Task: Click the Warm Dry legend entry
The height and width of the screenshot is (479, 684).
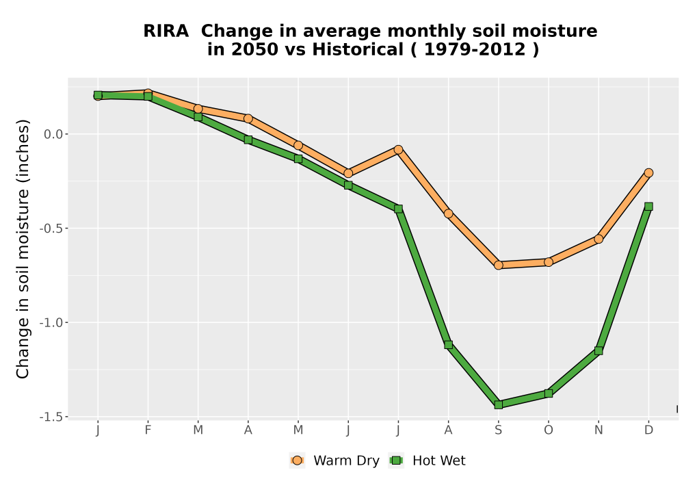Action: (334, 461)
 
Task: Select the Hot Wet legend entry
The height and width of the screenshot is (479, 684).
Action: (428, 461)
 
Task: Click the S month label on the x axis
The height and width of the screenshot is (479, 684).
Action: (499, 430)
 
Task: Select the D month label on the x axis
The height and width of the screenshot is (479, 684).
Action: (648, 430)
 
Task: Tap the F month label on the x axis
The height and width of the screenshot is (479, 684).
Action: (148, 430)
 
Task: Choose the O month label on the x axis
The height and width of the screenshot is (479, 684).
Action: (549, 430)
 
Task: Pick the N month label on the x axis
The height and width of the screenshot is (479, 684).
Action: (598, 430)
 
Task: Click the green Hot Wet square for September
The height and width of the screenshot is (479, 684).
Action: (499, 405)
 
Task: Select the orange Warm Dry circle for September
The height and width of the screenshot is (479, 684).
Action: (499, 266)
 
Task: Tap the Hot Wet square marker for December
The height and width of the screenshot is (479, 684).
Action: (648, 207)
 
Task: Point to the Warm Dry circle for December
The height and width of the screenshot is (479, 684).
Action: (648, 172)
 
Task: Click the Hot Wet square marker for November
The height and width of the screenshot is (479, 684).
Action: (598, 351)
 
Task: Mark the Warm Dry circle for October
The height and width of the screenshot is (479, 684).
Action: (549, 262)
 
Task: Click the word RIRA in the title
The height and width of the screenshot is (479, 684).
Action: (166, 31)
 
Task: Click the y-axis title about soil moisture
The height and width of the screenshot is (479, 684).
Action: (23, 249)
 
